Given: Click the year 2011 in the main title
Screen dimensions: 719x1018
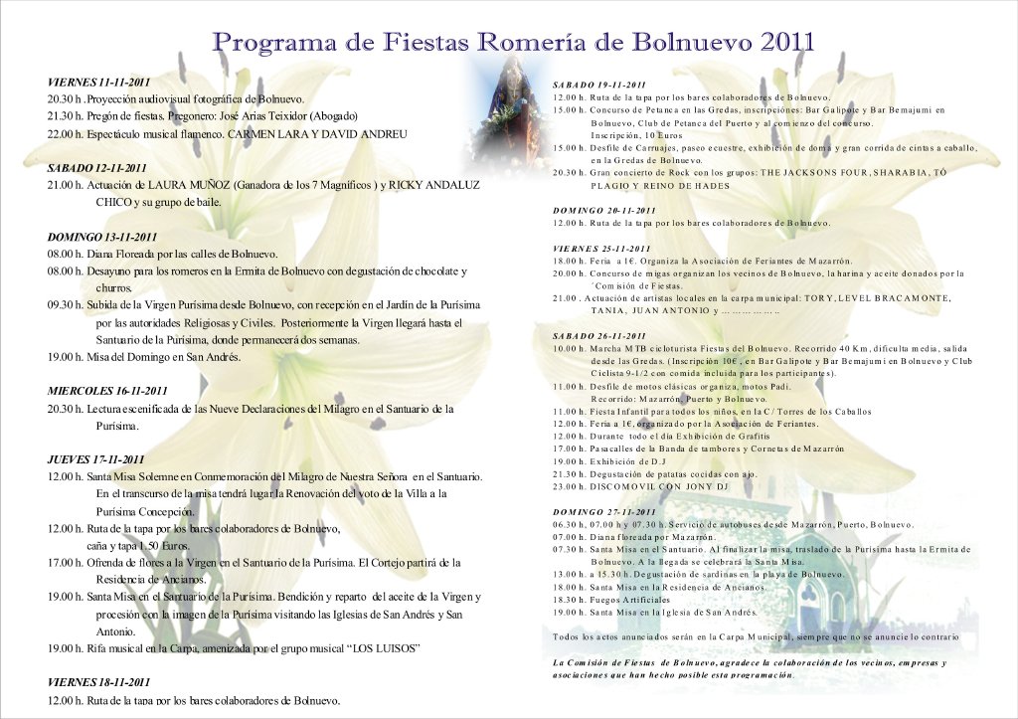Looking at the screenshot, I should pyautogui.click(x=786, y=41).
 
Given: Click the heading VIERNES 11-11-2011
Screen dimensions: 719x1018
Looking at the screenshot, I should pyautogui.click(x=98, y=82).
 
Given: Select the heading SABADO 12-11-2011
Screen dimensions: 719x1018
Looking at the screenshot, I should pyautogui.click(x=97, y=168).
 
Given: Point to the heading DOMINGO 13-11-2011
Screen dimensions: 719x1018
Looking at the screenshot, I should pyautogui.click(x=102, y=237).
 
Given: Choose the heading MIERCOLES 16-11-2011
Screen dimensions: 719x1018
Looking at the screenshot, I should pyautogui.click(x=107, y=391).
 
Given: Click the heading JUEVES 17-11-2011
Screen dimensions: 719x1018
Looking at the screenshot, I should pyautogui.click(x=96, y=459).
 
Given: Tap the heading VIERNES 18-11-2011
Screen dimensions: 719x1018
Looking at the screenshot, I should pyautogui.click(x=98, y=683).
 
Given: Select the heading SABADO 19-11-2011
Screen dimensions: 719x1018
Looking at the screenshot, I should pyautogui.click(x=599, y=85).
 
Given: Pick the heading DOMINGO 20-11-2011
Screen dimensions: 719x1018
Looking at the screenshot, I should pyautogui.click(x=604, y=211).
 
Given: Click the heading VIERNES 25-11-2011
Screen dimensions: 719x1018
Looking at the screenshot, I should pyautogui.click(x=601, y=249).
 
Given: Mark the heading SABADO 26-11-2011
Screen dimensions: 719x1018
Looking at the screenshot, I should pyautogui.click(x=599, y=337).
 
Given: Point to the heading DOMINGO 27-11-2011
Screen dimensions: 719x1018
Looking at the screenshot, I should pyautogui.click(x=604, y=512).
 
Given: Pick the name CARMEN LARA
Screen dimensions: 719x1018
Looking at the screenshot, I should pyautogui.click(x=261, y=133).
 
